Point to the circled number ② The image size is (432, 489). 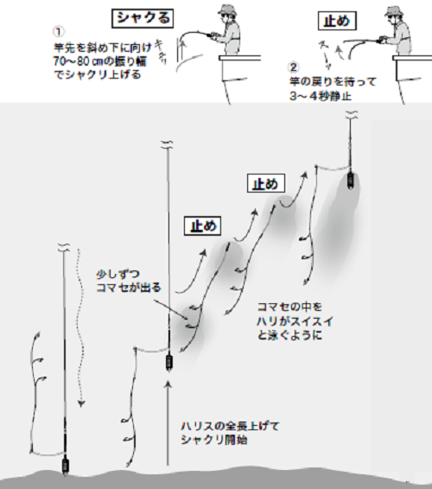(x=294, y=67)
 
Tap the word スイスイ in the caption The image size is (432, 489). (x=319, y=320)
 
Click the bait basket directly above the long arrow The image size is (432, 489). (x=168, y=360)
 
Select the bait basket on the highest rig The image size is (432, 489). (x=351, y=181)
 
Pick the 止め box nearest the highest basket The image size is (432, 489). (x=264, y=183)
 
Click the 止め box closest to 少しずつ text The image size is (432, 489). (x=200, y=226)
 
